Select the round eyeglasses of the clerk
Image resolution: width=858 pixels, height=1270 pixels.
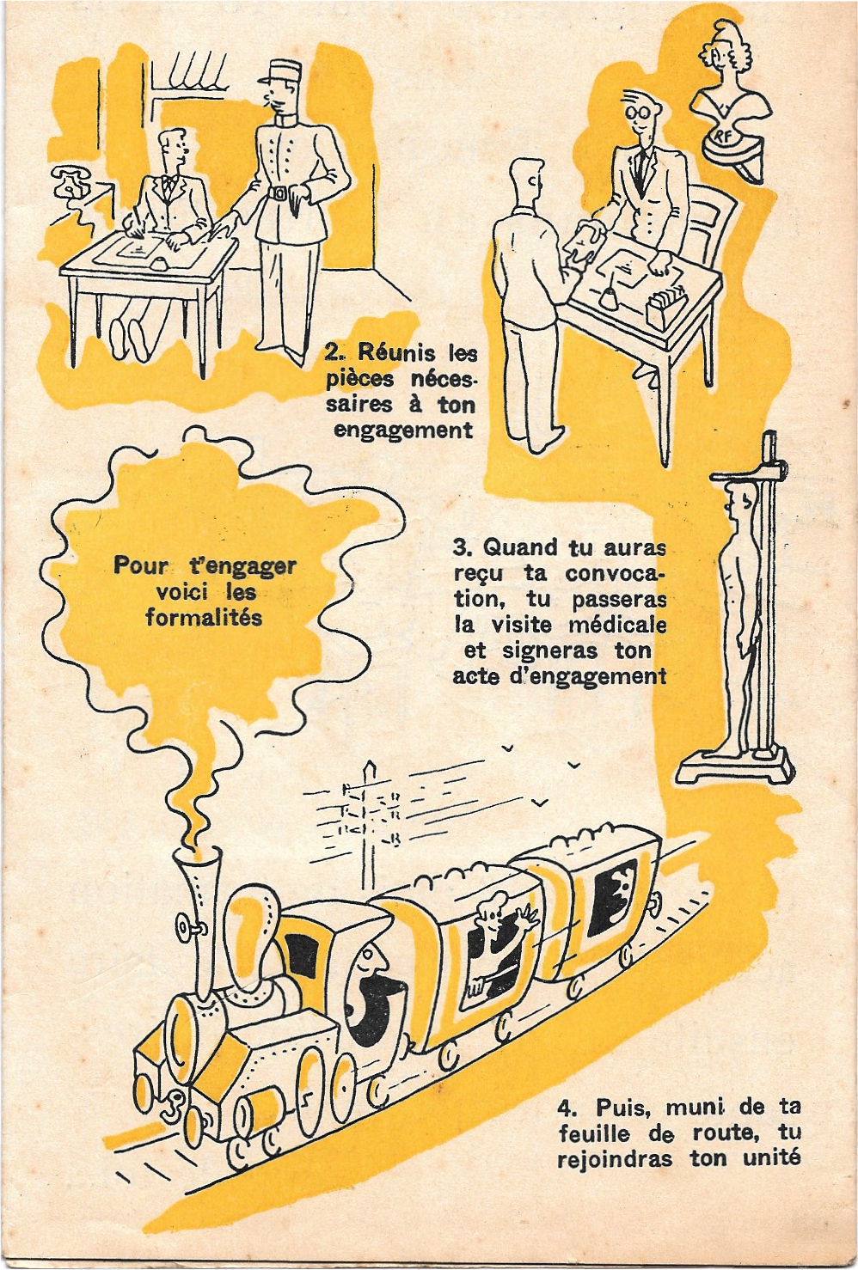pyautogui.click(x=638, y=113)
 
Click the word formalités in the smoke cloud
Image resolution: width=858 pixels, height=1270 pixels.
pyautogui.click(x=204, y=618)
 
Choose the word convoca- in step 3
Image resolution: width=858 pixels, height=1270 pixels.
pyautogui.click(x=615, y=573)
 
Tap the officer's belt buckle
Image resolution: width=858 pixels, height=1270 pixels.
pyautogui.click(x=279, y=193)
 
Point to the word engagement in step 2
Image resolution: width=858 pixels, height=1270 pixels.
pyautogui.click(x=403, y=430)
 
